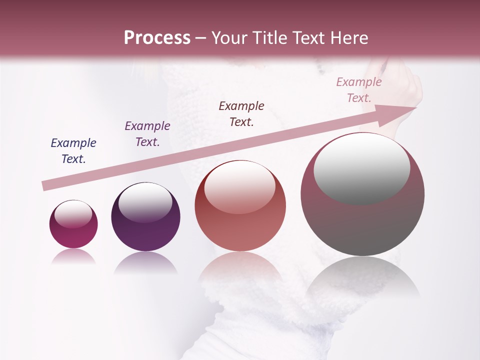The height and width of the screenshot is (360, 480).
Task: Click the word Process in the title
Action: coord(157,38)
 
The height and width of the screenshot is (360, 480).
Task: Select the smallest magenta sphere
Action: coord(73,224)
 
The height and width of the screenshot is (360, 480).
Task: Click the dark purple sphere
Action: coord(145,216)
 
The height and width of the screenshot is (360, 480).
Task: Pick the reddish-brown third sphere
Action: coord(240,206)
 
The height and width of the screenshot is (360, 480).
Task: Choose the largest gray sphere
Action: coord(362,194)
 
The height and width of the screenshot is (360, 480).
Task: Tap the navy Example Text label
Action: coord(73,151)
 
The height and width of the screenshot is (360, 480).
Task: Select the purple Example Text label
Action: coord(147,134)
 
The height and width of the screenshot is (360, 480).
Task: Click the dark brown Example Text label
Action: coord(241,114)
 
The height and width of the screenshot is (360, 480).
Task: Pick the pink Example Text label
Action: coord(359,90)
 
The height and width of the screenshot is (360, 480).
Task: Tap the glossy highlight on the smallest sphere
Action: coord(73,213)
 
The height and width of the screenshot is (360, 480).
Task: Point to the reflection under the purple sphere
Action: coord(145,263)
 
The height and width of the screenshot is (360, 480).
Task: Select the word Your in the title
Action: coord(230,38)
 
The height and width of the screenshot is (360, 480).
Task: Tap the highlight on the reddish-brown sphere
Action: coord(240,187)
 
